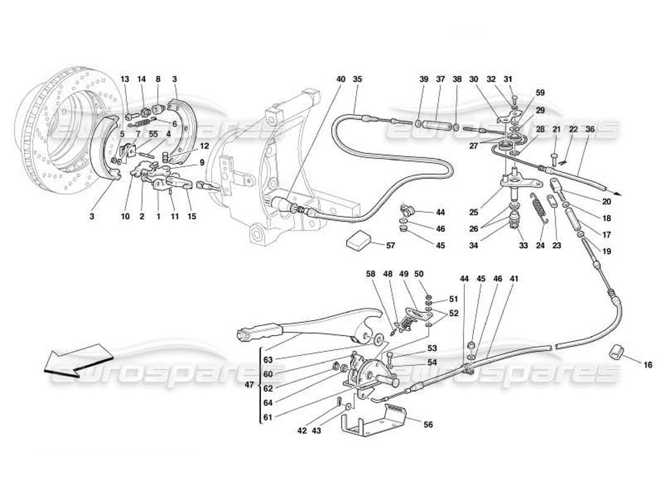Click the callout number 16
[x=647, y=365]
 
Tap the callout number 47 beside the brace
[x=249, y=386]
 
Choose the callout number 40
[x=341, y=79]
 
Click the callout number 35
[x=357, y=79]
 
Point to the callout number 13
[x=125, y=79]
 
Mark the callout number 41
[x=514, y=279]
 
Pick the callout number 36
[x=589, y=129]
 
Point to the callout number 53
[x=432, y=348]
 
